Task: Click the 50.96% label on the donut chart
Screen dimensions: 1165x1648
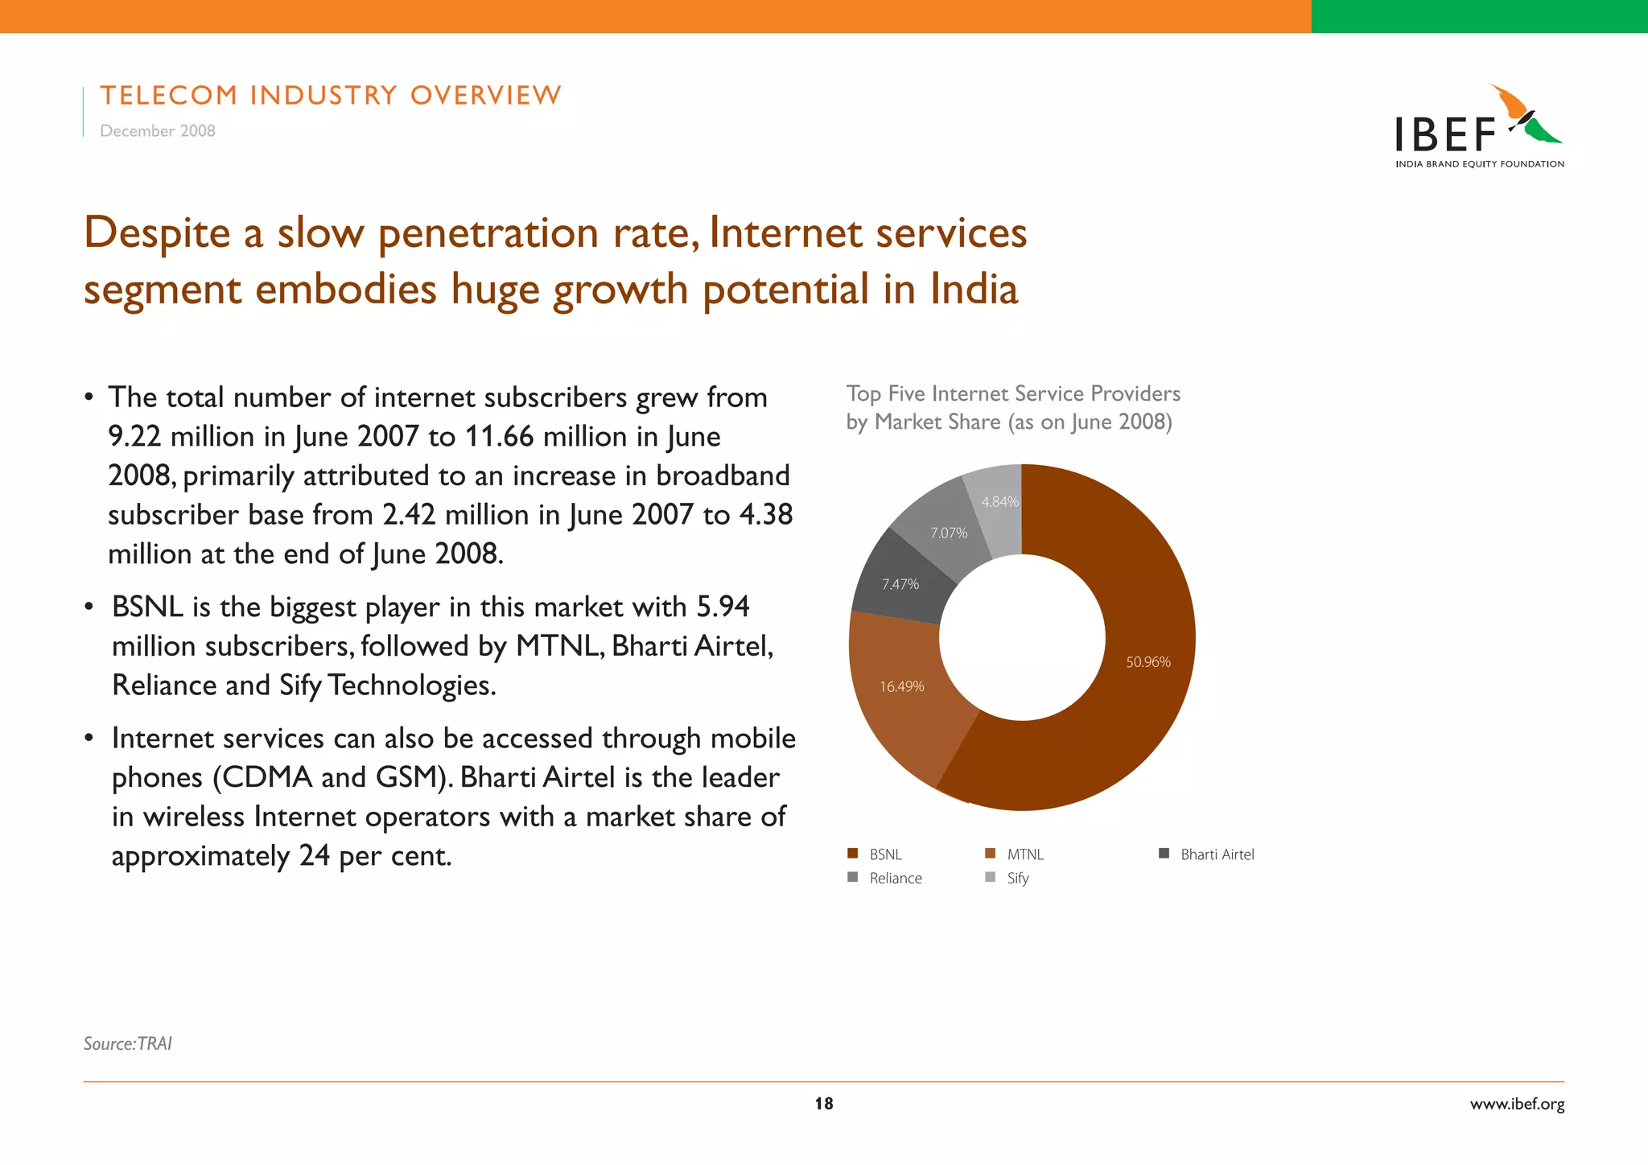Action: [x=1147, y=662]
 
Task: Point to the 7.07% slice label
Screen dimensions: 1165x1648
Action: [x=949, y=533]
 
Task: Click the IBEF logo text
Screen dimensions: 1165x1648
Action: [x=1445, y=135]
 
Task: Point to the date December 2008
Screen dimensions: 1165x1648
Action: [x=158, y=130]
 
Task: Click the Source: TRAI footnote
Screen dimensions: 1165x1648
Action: [x=128, y=1044]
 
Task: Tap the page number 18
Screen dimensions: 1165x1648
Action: [x=824, y=1104]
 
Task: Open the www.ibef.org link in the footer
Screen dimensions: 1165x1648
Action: [x=1517, y=1104]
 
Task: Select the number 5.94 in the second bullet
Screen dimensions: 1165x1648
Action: [x=723, y=607]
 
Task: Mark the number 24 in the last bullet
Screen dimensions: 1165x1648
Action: [x=314, y=855]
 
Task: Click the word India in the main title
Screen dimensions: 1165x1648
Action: [x=974, y=290]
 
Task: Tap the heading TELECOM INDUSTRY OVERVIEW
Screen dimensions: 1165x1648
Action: [x=330, y=95]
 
